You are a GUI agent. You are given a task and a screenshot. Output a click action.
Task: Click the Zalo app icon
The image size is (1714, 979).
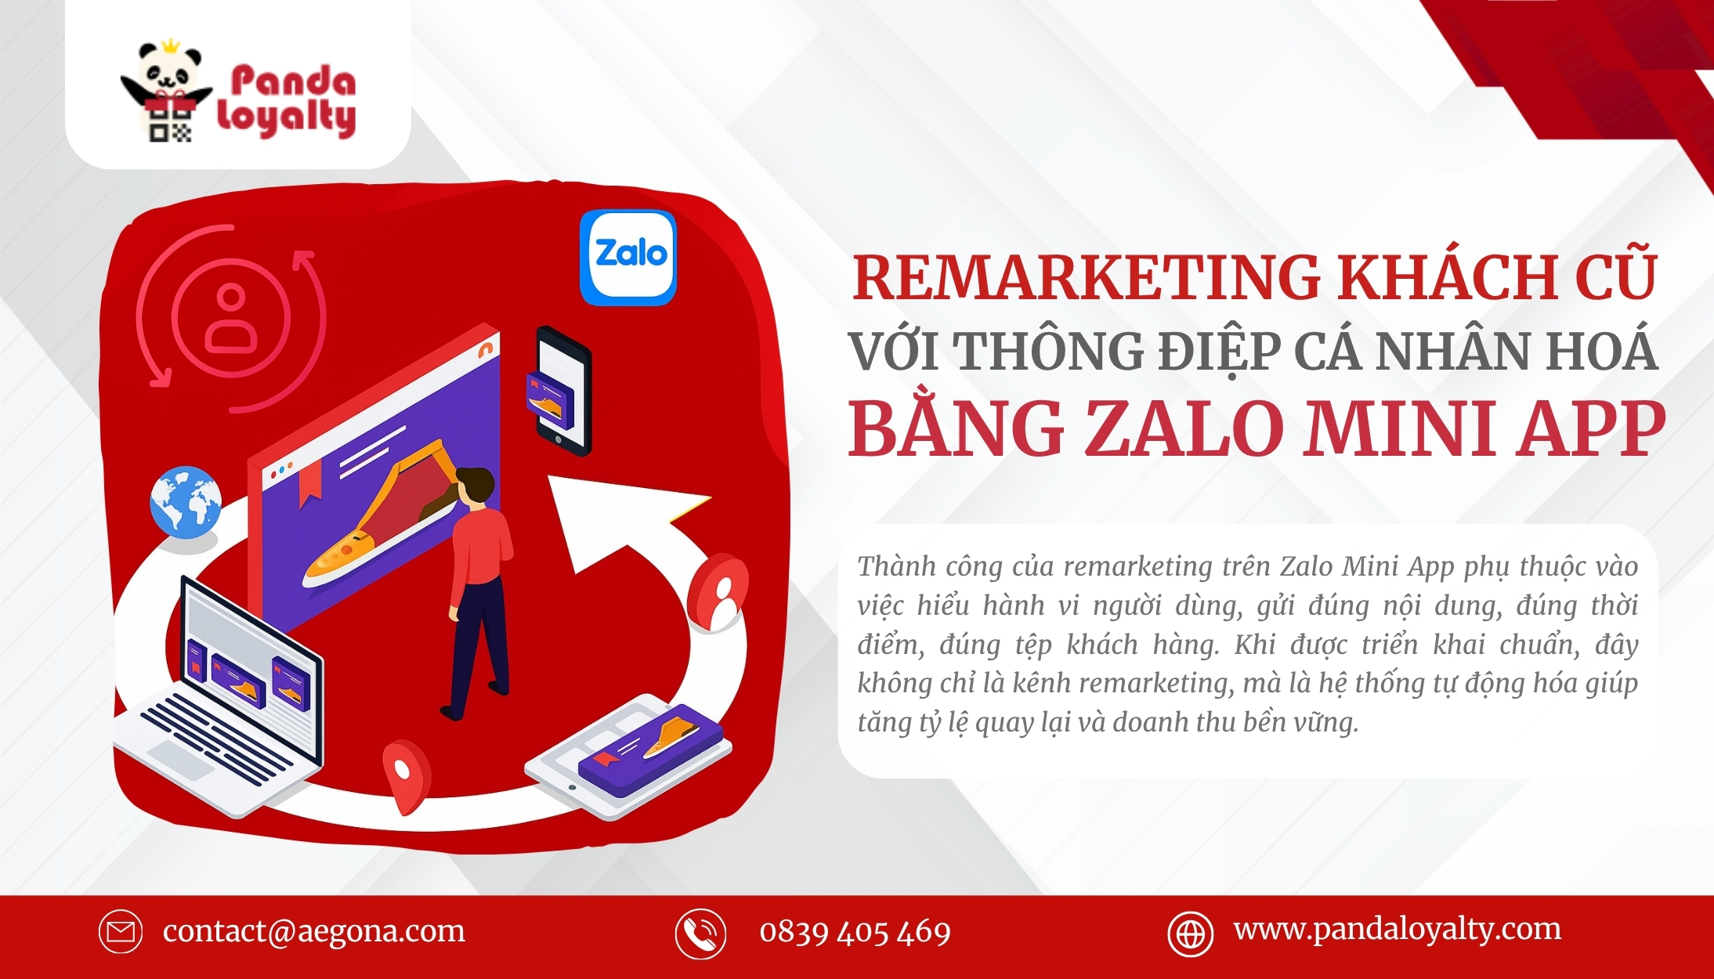pyautogui.click(x=627, y=257)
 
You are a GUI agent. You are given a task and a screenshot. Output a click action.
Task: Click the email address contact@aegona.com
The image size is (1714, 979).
pyautogui.click(x=314, y=931)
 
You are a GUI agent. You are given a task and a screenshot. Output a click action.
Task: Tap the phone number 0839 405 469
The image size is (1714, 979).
pyautogui.click(x=855, y=932)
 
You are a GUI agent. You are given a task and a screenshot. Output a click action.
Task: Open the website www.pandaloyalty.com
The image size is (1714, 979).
pyautogui.click(x=1397, y=930)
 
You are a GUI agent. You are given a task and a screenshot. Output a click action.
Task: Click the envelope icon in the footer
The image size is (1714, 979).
pyautogui.click(x=121, y=932)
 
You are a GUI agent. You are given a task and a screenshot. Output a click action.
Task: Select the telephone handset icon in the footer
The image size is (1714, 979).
pyautogui.click(x=700, y=934)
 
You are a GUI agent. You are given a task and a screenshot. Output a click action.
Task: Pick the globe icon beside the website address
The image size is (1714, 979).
pyautogui.click(x=1191, y=934)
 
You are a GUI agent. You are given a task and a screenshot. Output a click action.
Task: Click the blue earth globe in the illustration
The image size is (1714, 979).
pyautogui.click(x=186, y=502)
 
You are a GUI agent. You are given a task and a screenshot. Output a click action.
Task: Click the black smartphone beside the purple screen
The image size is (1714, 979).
pyautogui.click(x=563, y=391)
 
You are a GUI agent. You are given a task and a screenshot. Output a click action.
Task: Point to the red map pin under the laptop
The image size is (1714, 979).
pyautogui.click(x=406, y=776)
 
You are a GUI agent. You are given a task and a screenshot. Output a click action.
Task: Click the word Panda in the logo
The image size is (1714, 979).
pyautogui.click(x=293, y=81)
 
